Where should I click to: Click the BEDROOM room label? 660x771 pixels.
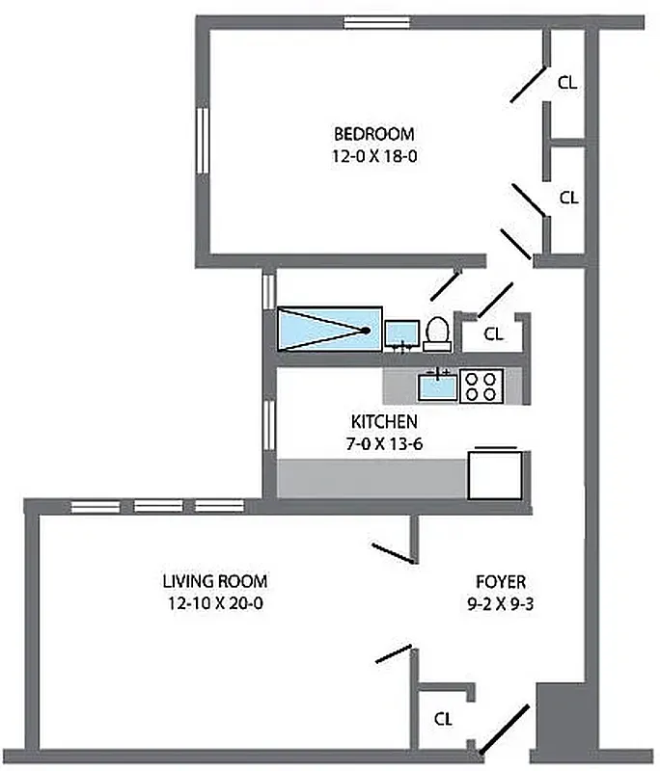374,133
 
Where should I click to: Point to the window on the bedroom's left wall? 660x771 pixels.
204,141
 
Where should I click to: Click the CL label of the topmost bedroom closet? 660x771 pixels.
568,83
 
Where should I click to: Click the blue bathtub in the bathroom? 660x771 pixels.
329,330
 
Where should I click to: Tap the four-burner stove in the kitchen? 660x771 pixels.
481,386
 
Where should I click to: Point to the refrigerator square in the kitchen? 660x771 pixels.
495,474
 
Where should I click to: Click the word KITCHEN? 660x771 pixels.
384,421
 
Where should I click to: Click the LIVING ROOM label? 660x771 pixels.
214,581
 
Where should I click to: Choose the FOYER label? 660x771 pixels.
501,581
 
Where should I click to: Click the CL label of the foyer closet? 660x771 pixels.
443,718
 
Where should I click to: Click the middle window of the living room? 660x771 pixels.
157,505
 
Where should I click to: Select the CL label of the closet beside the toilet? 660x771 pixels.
493,334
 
